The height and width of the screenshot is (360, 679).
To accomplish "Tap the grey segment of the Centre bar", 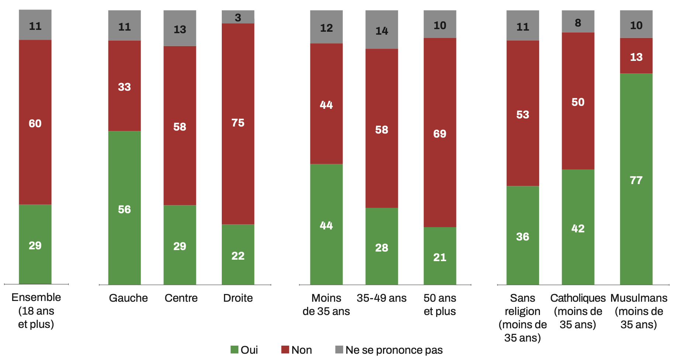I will (x=180, y=28).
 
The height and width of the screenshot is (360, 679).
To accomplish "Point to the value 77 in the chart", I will (x=636, y=180).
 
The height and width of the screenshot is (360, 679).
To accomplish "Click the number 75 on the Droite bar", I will (x=238, y=122).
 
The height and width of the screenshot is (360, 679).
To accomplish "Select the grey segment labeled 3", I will (x=238, y=17).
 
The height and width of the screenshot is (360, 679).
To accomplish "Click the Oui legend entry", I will (x=244, y=350).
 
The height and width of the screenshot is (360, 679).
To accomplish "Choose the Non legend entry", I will (x=297, y=350).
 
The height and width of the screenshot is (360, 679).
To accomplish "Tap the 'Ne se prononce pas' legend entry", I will (x=389, y=350).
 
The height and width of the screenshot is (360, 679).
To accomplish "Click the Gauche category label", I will (x=128, y=298).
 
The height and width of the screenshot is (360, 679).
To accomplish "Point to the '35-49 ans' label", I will (x=382, y=298).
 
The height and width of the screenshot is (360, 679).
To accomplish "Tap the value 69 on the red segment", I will (x=440, y=134).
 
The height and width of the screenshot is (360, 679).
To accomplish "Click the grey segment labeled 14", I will (x=382, y=30).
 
